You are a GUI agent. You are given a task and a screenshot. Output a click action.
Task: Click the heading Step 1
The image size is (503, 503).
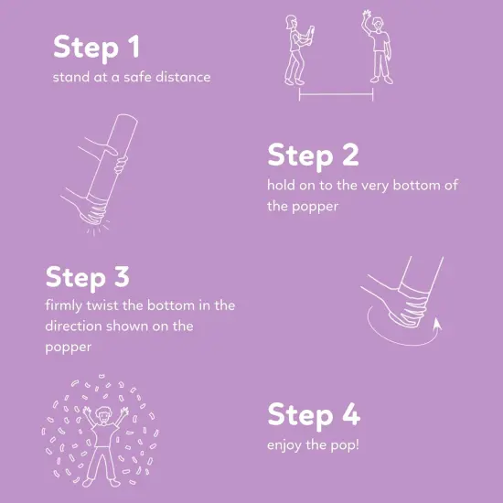(97, 48)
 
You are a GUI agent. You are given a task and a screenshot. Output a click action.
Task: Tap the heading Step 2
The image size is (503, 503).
(313, 155)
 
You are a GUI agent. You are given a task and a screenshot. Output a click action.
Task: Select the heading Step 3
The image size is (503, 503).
(88, 277)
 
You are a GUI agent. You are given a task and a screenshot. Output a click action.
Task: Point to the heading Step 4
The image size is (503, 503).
(314, 415)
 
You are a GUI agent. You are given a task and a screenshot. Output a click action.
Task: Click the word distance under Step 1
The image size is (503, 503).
(183, 77)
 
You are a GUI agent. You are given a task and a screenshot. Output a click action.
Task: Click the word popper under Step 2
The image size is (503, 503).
(315, 208)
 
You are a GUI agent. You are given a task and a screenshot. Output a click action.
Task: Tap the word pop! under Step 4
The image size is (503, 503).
(345, 445)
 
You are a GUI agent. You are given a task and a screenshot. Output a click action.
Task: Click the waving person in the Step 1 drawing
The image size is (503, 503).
(378, 48)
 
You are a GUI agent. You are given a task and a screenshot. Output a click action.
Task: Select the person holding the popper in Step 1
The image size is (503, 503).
(299, 50)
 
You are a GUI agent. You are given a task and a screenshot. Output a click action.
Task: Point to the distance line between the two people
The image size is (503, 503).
(336, 94)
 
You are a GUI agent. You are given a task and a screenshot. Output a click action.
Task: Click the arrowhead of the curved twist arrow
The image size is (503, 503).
(437, 324)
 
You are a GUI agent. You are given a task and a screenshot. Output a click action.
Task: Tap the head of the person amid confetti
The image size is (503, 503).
(103, 415)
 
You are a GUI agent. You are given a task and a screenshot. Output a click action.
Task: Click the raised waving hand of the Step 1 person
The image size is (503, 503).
(367, 14)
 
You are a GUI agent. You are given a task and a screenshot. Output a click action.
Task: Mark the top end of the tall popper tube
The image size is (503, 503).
(127, 117)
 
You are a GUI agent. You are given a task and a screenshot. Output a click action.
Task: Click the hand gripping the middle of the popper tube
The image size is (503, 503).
(121, 164)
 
